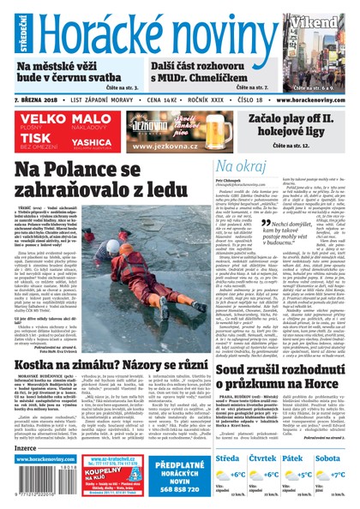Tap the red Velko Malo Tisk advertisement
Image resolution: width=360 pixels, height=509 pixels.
coord(60,131)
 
